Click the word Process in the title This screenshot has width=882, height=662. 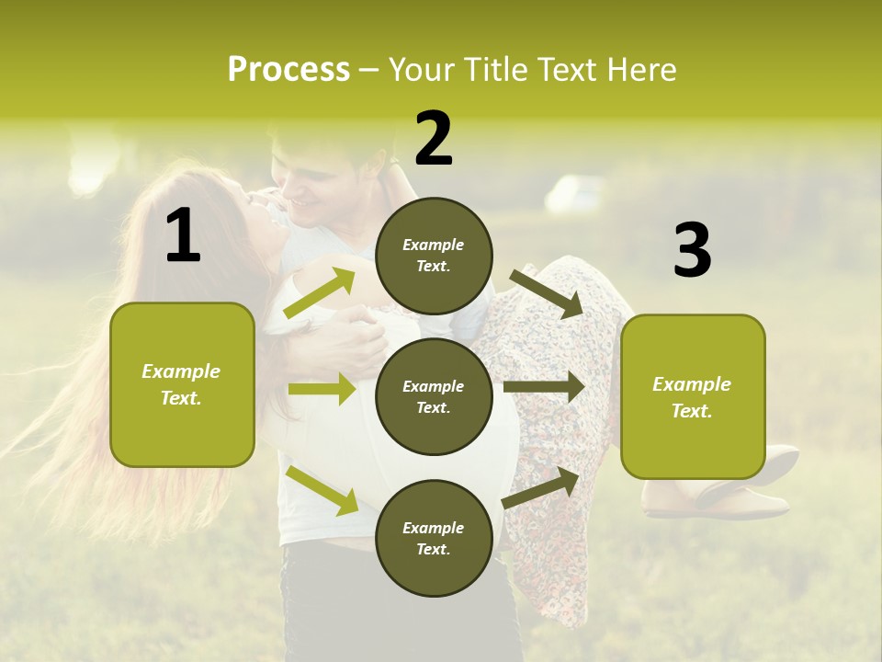tap(288, 70)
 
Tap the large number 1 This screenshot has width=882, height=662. tap(183, 236)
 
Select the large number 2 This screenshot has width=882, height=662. tap(434, 138)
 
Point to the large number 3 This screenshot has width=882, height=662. tap(692, 250)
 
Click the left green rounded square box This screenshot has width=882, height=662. tap(182, 384)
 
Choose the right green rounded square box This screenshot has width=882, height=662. tap(693, 397)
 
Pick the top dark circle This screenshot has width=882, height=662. tap(434, 256)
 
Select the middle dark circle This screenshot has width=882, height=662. tap(434, 396)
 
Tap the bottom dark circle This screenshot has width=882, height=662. tap(434, 538)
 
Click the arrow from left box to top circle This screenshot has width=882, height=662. tap(320, 293)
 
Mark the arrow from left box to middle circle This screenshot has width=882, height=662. tap(322, 389)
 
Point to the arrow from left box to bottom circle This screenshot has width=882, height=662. tap(322, 489)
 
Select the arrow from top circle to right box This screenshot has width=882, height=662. tap(548, 293)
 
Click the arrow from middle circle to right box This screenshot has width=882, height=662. tap(544, 387)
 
